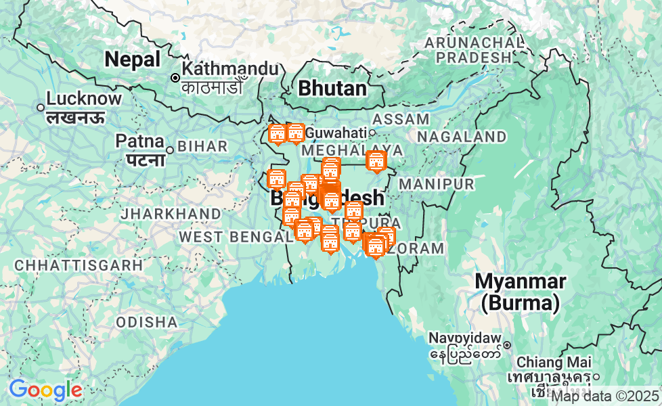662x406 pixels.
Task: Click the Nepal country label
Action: point(132,60)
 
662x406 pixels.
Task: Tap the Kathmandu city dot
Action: point(175,78)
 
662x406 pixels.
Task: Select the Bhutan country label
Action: point(332,88)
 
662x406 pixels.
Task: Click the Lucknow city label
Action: point(84,99)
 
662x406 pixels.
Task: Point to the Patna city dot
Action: point(170,150)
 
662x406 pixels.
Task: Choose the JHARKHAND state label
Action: point(171,214)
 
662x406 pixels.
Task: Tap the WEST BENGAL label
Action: point(235,237)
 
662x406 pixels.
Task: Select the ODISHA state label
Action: point(147,322)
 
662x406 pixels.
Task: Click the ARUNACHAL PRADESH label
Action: point(474,50)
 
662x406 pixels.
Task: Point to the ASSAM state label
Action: point(401,119)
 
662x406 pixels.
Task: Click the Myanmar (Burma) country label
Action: point(520,291)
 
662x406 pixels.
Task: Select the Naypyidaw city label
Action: point(464,338)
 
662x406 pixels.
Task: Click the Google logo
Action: point(45,390)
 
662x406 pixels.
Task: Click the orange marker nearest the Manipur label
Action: point(376,162)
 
